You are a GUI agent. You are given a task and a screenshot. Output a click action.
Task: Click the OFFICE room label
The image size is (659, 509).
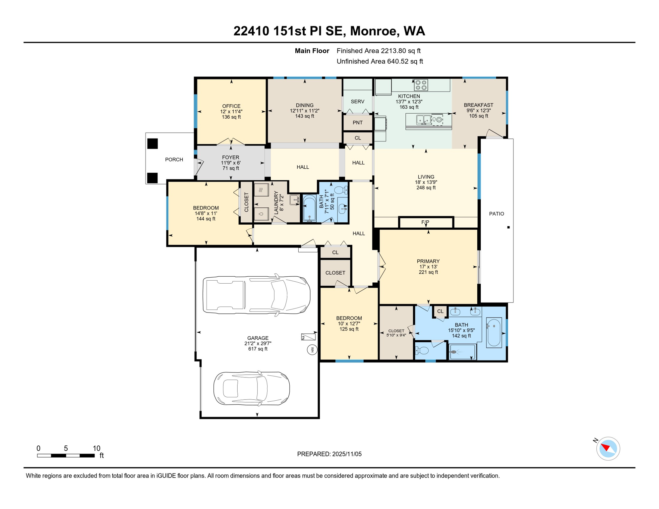click(231, 106)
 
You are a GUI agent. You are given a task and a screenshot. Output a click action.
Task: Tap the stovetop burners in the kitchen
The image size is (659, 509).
click(421, 85)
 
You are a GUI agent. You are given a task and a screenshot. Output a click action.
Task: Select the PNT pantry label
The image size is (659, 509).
click(357, 123)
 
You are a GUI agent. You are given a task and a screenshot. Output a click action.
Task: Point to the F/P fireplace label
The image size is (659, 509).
click(425, 222)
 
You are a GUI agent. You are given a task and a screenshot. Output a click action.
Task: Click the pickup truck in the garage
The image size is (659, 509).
click(257, 295)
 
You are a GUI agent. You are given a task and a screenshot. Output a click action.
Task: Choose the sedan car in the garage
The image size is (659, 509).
click(252, 388)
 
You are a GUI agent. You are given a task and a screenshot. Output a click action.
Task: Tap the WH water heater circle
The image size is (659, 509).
click(312, 350)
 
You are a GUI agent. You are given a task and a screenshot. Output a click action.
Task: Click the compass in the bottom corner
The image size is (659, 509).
click(608, 449)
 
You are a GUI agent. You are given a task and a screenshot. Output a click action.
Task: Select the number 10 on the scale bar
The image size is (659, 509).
click(96, 448)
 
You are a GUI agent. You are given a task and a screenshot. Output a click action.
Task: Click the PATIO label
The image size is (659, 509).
click(497, 214)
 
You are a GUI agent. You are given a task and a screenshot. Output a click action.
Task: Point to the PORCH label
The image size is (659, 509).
click(174, 159)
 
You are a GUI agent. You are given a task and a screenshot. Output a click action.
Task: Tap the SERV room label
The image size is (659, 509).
click(357, 101)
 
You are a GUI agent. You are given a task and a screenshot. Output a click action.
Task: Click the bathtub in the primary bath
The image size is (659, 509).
click(494, 332)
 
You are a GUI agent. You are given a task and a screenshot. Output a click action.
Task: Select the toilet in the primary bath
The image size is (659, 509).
click(422, 350)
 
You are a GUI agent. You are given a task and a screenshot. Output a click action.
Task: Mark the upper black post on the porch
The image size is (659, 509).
click(152, 143)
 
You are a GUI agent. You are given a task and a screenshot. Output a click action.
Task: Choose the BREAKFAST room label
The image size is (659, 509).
click(478, 105)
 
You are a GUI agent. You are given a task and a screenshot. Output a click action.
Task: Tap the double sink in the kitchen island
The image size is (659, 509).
click(424, 119)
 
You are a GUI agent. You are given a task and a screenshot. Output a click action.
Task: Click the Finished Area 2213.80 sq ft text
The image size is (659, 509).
click(379, 51)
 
